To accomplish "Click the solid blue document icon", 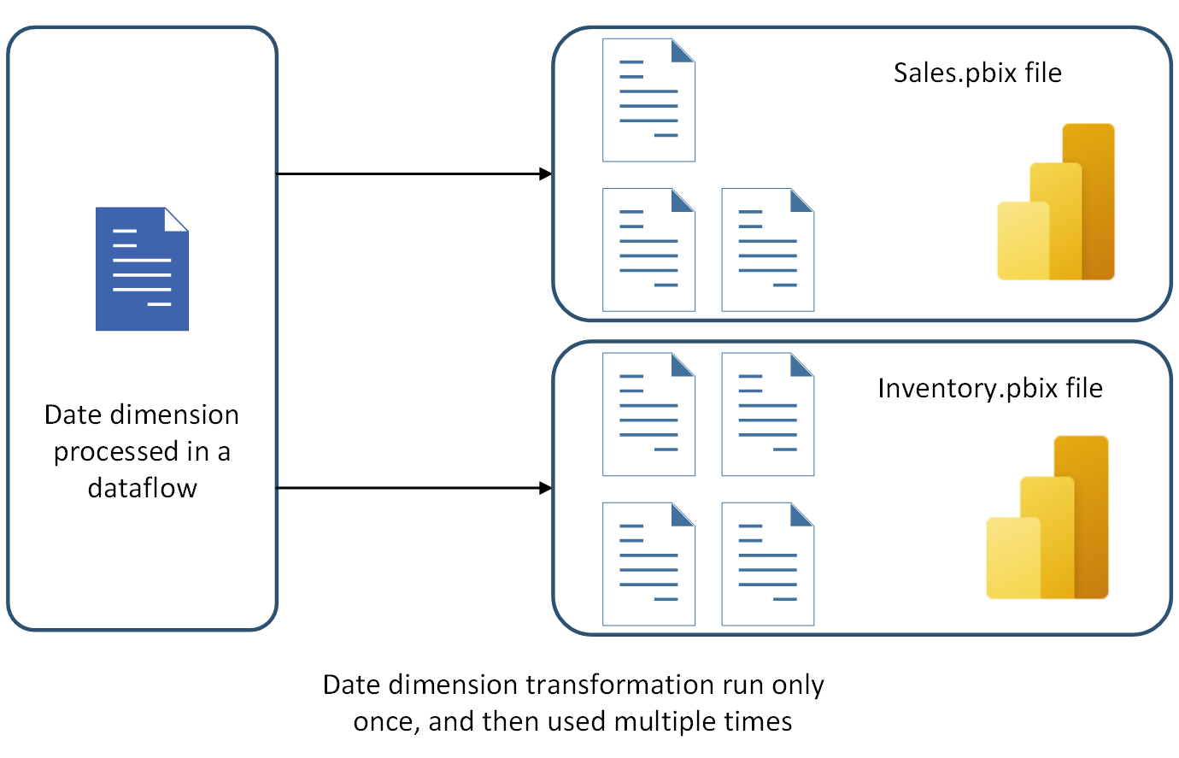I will pos(142,268).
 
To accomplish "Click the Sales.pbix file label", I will pos(977,73).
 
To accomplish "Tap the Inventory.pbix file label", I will pos(989,389).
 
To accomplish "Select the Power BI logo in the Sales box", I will pos(1056,203).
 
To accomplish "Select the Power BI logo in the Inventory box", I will pos(1047,517).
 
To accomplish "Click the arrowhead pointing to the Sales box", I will pos(546,174).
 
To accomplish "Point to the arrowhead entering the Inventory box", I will pos(546,488).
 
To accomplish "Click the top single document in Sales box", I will pos(648,100).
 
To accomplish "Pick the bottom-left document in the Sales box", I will pos(648,250).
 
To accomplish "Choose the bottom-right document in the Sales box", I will pos(767,250).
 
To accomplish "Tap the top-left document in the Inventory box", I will pos(648,414).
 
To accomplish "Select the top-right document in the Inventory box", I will pos(767,414).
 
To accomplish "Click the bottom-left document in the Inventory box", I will pos(648,564).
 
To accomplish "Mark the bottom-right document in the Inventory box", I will pos(767,564).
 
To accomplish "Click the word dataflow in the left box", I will pos(143,488).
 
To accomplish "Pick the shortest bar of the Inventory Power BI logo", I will pos(1013,557).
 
